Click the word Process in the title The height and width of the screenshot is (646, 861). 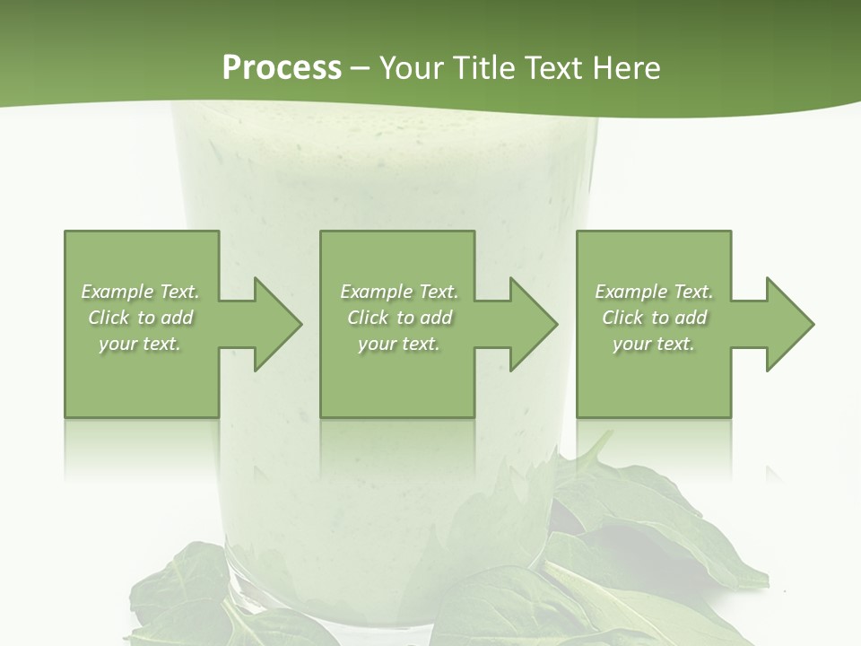pos(282,68)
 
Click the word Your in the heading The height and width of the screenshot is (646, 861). pos(413,68)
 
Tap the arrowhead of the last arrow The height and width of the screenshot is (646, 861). pos(789,324)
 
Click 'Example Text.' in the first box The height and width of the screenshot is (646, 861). pos(141,292)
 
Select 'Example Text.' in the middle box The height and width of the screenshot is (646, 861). pos(399,292)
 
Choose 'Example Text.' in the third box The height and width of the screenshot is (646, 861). pos(654,292)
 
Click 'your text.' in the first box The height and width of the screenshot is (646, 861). pos(140,344)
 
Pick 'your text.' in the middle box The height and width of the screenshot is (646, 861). pos(399,344)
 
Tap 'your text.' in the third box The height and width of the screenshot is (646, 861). pos(654,344)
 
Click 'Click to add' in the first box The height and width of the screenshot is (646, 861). pos(141,318)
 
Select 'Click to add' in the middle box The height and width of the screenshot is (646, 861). pos(399,318)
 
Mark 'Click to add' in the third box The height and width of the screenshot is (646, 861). pos(654,318)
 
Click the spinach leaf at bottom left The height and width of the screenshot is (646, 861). pos(179,592)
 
